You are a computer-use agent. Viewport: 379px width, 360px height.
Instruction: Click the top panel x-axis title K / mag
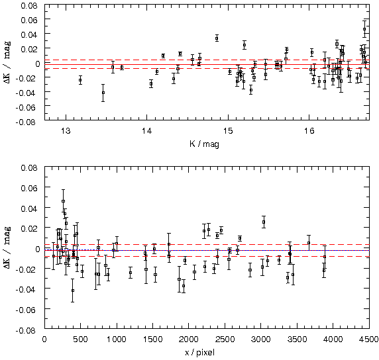pyautogui.click(x=204, y=144)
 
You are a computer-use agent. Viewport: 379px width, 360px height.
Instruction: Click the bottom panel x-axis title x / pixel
pyautogui.click(x=199, y=353)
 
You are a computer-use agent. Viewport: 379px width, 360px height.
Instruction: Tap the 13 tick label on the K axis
pyautogui.click(x=66, y=131)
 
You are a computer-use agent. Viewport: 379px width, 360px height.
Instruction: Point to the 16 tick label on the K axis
pyautogui.click(x=309, y=131)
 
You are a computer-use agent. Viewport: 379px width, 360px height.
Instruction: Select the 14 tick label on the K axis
pyautogui.click(x=146, y=131)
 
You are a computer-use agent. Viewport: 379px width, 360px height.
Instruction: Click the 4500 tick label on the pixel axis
pyautogui.click(x=369, y=339)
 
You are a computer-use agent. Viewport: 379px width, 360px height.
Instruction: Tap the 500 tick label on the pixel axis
pyautogui.click(x=80, y=339)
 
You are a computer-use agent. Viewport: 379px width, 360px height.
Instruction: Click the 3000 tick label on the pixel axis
pyautogui.click(x=261, y=339)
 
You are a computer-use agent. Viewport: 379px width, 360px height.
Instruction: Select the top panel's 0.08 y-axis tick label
pyautogui.click(x=29, y=5)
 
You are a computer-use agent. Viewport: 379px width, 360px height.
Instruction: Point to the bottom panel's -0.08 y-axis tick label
pyautogui.click(x=27, y=330)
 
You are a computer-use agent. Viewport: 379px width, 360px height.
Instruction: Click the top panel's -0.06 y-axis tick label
pyautogui.click(x=27, y=107)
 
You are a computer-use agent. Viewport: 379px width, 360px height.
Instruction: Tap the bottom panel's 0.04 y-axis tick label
pyautogui.click(x=29, y=208)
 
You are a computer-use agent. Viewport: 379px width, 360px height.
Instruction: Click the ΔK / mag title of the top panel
pyautogui.click(x=7, y=62)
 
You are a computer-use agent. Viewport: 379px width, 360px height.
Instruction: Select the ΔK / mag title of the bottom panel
pyautogui.click(x=7, y=247)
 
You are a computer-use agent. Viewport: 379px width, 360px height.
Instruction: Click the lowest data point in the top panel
pyautogui.click(x=103, y=93)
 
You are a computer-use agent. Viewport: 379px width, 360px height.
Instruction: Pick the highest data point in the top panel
pyautogui.click(x=364, y=29)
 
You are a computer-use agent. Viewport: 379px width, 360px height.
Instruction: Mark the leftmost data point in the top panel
pyautogui.click(x=80, y=80)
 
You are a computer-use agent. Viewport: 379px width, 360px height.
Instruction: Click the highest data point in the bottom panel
pyautogui.click(x=63, y=201)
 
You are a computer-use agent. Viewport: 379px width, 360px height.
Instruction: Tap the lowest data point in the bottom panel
pyautogui.click(x=72, y=291)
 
